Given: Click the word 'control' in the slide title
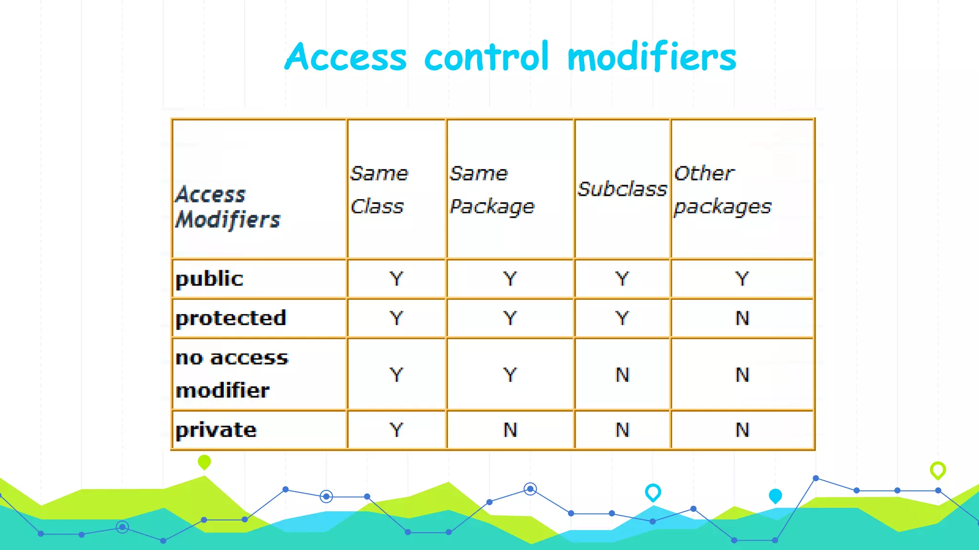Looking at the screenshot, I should pos(486,57).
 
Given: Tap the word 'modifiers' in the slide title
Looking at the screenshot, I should pos(652,57).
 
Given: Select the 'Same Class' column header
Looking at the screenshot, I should pos(379,190).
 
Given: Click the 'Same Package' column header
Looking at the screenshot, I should pos(492,190).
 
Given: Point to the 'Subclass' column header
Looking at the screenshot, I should pos(622,189).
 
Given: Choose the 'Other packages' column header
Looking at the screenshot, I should pos(722,190).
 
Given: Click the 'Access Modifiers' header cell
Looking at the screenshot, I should pos(228,207).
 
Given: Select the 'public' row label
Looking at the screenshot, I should pos(209,279).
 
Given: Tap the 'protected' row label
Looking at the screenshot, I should pos(231,318).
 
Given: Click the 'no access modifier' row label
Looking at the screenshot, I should pos(232,374).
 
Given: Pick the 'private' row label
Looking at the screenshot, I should pos(216,430).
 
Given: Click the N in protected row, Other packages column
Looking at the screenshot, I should pos(742,318).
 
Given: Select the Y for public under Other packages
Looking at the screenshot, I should pos(742,279).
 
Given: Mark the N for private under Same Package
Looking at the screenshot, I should pos(510,430).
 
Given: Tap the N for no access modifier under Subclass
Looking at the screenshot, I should pos(622,375).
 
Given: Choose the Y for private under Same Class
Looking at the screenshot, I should pos(396,430).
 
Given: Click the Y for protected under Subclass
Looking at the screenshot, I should pos(622,318).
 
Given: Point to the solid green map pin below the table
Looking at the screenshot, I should pos(204,462).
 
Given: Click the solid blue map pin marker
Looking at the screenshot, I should pos(775,496).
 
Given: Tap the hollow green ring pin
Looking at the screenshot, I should pos(937,470).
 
